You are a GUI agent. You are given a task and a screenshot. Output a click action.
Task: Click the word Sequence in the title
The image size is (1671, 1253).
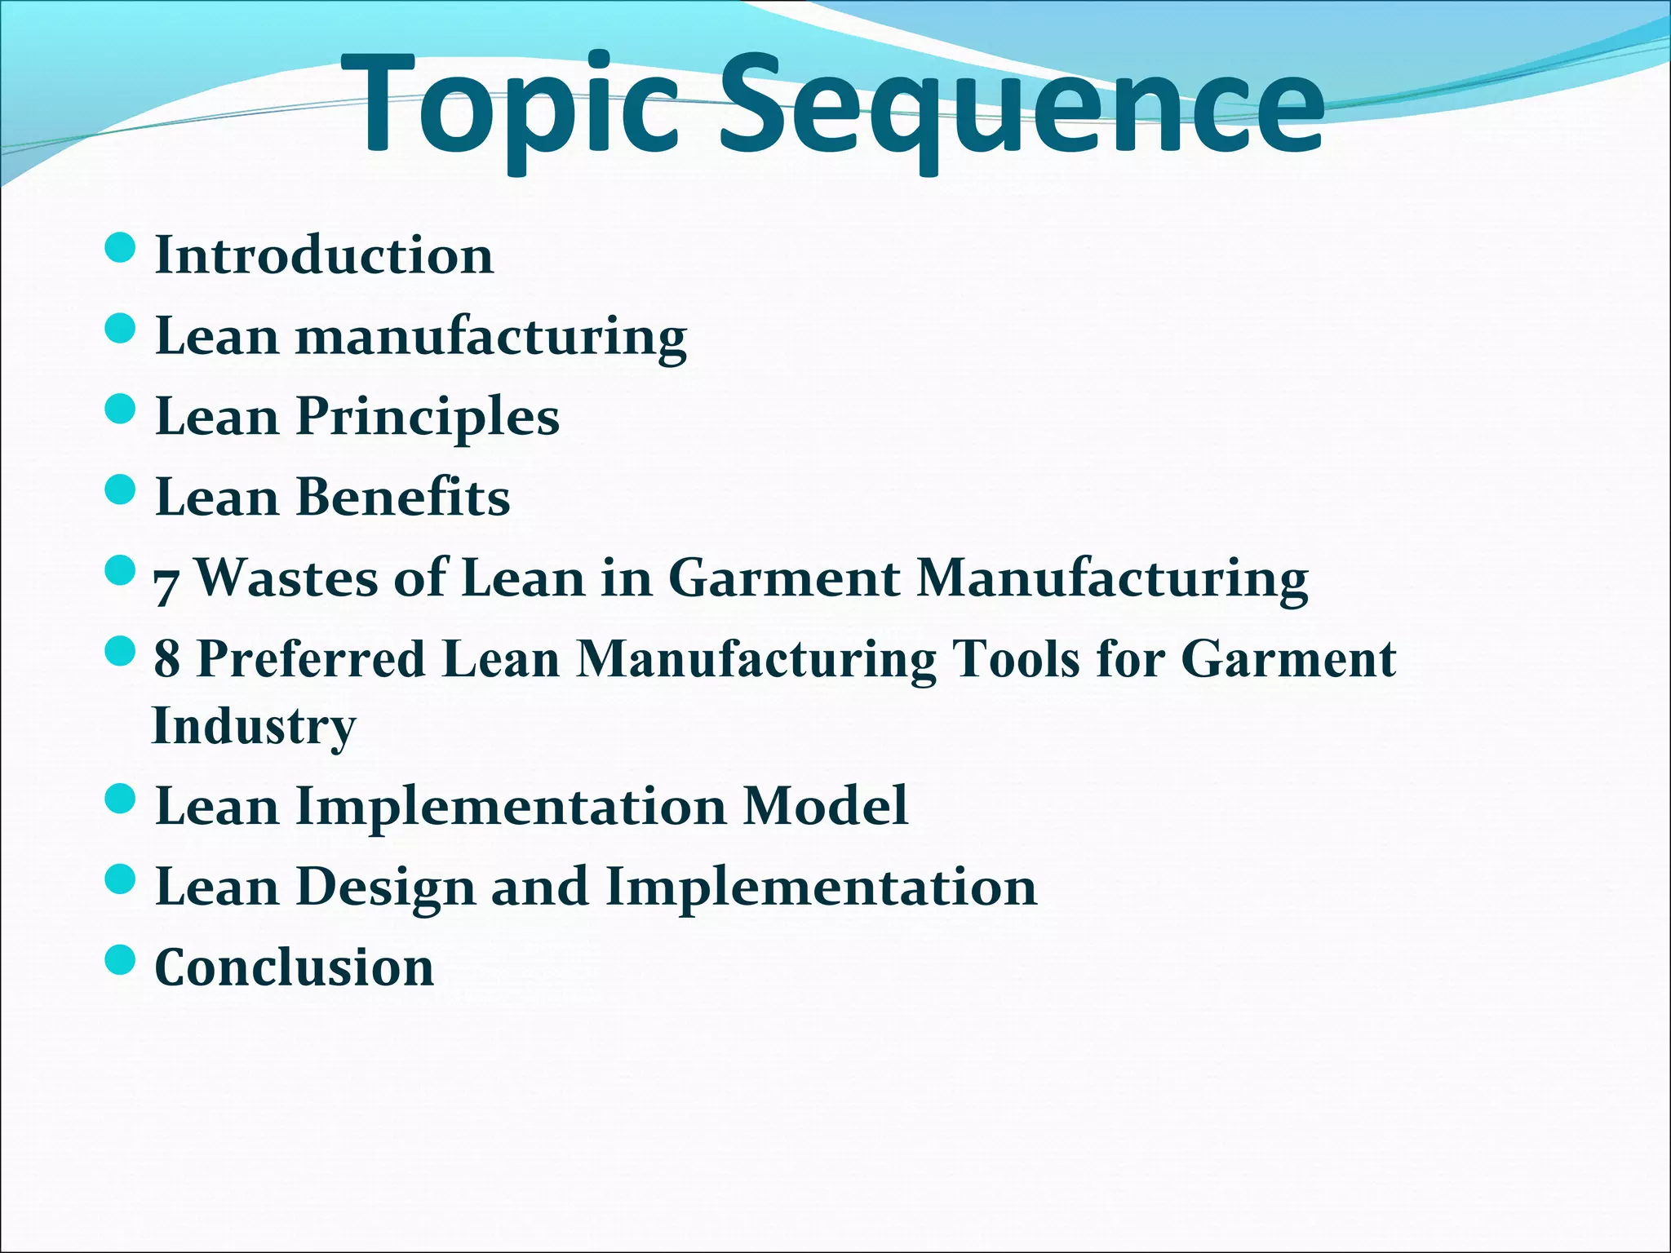[1020, 106]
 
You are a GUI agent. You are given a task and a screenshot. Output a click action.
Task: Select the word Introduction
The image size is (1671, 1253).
[324, 255]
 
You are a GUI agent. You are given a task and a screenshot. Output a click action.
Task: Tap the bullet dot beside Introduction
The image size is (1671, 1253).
[120, 248]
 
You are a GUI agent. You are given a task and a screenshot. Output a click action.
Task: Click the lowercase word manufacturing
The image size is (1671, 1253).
[490, 337]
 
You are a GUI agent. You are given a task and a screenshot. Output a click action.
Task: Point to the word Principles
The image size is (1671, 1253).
[428, 417]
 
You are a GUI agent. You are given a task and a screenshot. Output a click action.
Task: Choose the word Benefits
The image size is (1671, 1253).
[403, 497]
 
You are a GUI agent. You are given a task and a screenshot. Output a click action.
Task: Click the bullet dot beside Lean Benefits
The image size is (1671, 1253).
[120, 490]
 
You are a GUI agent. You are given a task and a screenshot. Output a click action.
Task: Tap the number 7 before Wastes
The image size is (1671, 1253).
[166, 583]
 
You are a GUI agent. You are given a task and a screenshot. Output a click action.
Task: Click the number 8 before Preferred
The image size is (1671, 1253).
[167, 659]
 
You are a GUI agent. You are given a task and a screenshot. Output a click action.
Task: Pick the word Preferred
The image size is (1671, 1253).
[312, 659]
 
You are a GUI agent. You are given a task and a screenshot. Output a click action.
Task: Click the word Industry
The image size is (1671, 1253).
[254, 726]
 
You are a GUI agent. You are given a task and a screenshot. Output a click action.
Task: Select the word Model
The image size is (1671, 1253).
[825, 806]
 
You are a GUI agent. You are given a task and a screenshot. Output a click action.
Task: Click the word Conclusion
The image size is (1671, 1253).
[294, 967]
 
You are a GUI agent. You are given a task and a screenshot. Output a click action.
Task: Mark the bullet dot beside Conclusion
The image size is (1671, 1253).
[120, 960]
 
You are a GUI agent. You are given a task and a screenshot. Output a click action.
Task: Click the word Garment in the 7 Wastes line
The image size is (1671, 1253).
[783, 578]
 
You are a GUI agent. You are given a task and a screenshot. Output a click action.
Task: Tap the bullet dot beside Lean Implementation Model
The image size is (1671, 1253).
[120, 799]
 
